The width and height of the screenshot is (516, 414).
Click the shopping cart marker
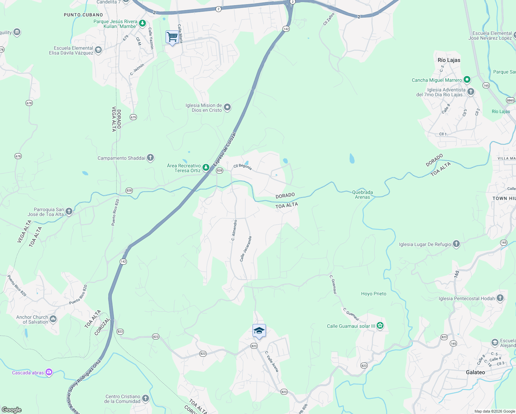(172, 37)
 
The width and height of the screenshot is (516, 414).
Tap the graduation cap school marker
(259, 331)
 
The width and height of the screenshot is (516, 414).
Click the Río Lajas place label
(449, 60)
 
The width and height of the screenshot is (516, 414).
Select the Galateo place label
(475, 372)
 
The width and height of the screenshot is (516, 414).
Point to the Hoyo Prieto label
(374, 294)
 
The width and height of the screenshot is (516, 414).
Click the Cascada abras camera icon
(49, 372)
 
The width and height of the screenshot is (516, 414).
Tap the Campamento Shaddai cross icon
(150, 158)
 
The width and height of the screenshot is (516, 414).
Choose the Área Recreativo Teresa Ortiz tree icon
(206, 168)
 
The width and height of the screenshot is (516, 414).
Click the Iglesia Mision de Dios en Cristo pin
(227, 108)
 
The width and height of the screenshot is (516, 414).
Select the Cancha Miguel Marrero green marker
(467, 80)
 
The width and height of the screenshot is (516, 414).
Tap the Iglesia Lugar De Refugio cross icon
(456, 244)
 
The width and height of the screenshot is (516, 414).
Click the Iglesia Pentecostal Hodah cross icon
(500, 298)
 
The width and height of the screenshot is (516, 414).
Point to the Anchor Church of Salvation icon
(53, 319)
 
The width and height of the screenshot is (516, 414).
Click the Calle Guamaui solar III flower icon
(380, 326)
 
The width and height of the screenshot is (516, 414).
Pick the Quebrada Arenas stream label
(362, 195)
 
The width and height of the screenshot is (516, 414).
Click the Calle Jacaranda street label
(246, 249)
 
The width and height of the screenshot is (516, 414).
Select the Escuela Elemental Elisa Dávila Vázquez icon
(98, 50)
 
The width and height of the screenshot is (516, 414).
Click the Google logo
(12, 410)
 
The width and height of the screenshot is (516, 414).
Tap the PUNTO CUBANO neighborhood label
(83, 15)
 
